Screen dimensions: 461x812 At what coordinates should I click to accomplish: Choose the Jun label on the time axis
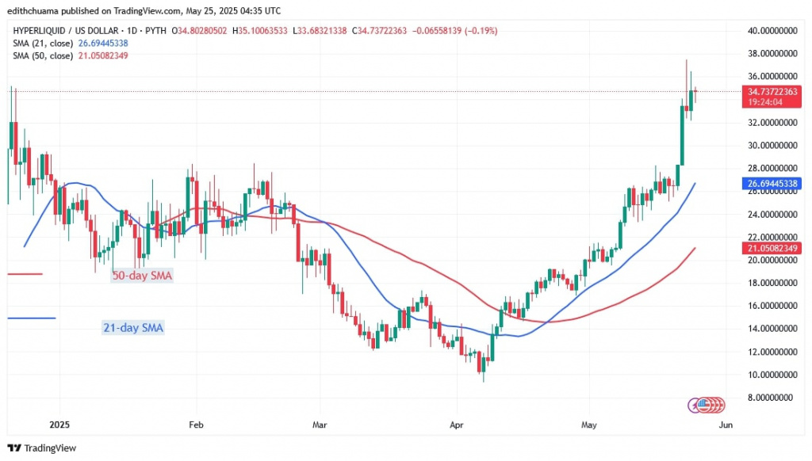point(725,424)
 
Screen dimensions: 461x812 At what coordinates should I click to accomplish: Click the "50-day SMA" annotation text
point(141,276)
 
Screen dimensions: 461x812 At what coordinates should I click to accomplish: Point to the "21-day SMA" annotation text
point(133,327)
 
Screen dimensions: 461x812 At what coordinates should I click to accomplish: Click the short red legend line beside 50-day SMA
point(24,274)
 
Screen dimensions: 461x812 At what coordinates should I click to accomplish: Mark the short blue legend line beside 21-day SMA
point(32,318)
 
